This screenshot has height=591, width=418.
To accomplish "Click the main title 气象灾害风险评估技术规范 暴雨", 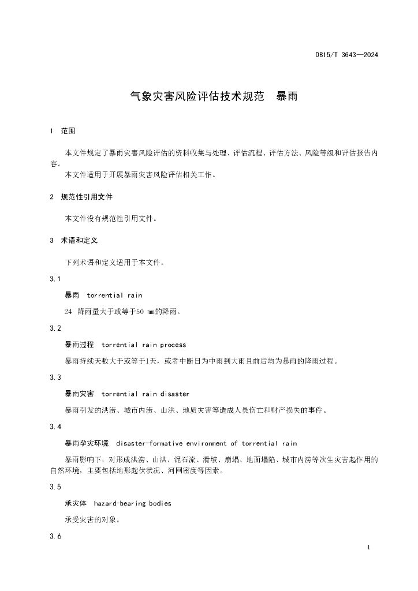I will coord(214,96).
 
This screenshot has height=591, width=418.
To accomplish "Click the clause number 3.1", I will coord(55,279).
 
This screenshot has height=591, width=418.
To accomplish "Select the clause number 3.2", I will coord(55,328).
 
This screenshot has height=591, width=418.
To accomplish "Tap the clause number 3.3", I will coord(55,377).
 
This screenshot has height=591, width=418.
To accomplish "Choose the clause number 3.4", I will coord(55,427).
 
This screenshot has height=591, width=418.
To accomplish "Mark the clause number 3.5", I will coord(55,487).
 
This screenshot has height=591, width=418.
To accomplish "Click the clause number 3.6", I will coord(55,537).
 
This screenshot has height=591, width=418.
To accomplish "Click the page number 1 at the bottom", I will coord(368,547).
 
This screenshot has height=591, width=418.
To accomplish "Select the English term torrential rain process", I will coord(144,345).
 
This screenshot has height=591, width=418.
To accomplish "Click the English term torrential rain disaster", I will coord(145,394).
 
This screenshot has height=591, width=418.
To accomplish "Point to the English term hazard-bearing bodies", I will coord(132,503).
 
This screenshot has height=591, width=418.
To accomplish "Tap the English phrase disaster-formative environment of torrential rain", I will coord(206,443).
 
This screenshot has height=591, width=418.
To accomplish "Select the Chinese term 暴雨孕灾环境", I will coord(87,443).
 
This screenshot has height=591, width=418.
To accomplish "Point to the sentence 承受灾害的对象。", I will coord(92,519).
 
